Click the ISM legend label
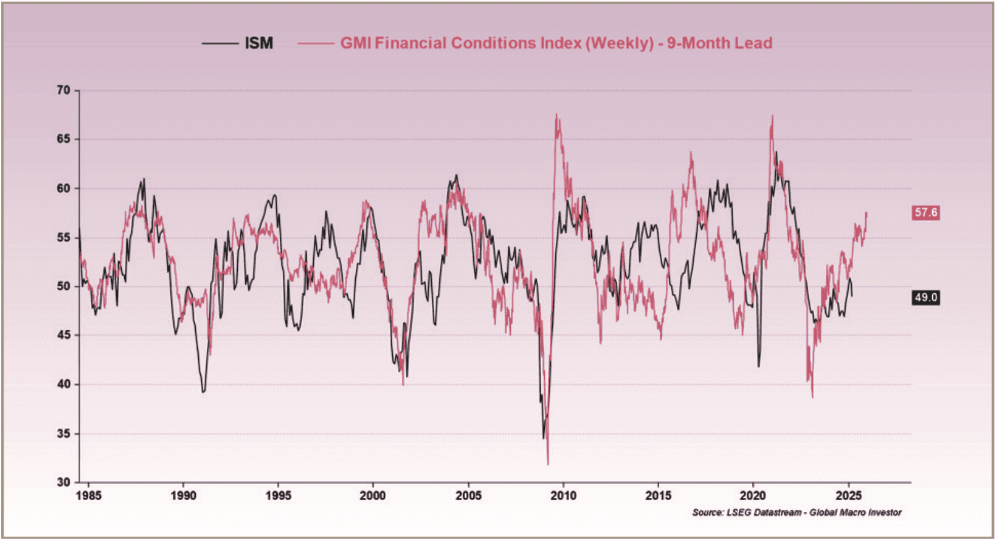click(x=259, y=43)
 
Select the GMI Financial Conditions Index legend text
click(x=556, y=43)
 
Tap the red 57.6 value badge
click(x=925, y=212)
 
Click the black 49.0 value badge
click(x=925, y=298)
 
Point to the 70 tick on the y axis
click(x=64, y=90)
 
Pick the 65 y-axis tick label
click(x=64, y=139)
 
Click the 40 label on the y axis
click(x=64, y=384)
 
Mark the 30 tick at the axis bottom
click(x=64, y=482)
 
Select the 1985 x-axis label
click(x=88, y=496)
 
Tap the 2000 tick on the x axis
click(x=372, y=496)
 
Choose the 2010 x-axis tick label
click(x=563, y=496)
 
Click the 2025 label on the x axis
click(x=848, y=496)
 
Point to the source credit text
click(x=796, y=513)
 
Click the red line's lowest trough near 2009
click(x=548, y=464)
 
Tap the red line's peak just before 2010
click(x=557, y=115)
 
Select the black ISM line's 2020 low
click(x=759, y=366)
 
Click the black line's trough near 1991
click(x=203, y=392)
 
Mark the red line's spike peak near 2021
click(x=772, y=116)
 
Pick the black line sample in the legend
click(x=220, y=43)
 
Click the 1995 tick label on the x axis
click(x=278, y=496)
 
